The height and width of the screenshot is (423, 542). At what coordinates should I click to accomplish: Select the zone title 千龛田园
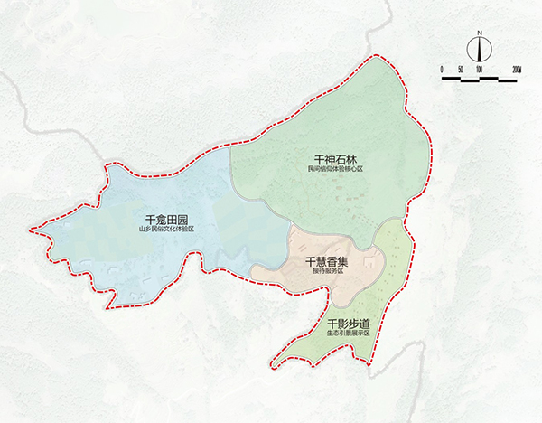point(165,220)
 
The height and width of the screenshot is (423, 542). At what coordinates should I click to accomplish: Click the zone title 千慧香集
point(330,261)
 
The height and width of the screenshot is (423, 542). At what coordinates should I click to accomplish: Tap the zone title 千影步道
point(349,324)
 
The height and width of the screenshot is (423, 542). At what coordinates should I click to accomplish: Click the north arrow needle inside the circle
point(480,48)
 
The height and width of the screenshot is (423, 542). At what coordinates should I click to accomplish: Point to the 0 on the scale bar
point(443,69)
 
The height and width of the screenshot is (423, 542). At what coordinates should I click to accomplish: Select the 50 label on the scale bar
point(461,69)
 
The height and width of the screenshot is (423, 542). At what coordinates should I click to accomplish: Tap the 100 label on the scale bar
point(480,69)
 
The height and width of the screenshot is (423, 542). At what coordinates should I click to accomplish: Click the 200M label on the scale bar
point(517,69)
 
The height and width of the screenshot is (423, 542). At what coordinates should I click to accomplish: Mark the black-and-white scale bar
point(480,78)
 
